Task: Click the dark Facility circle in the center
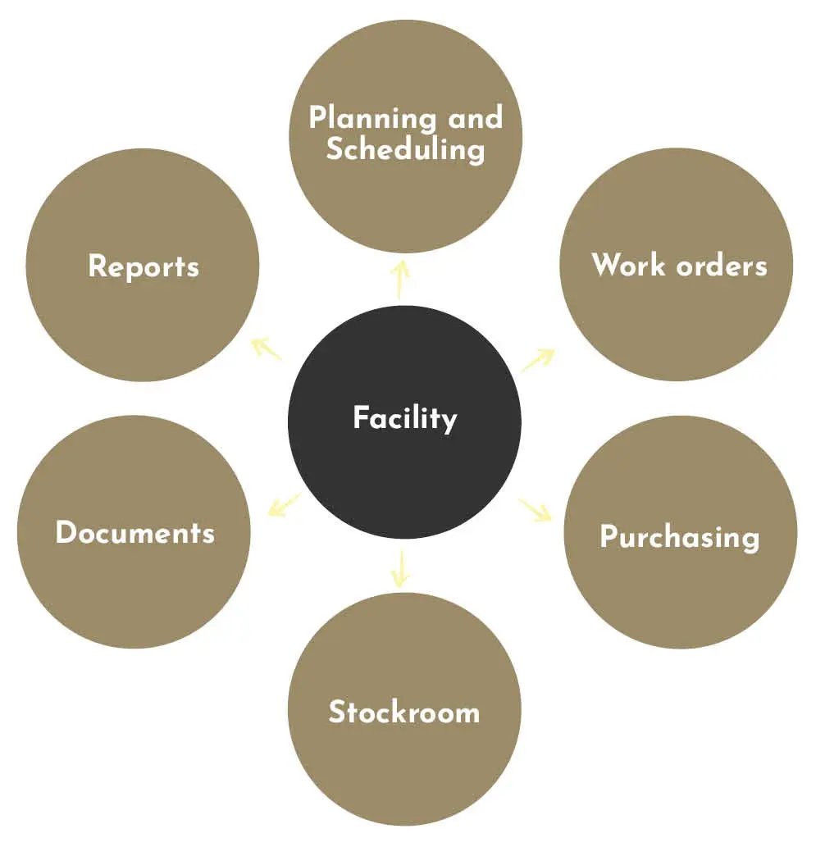(x=404, y=422)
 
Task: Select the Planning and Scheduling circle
(x=406, y=136)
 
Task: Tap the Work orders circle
(x=677, y=265)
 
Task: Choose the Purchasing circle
(x=681, y=532)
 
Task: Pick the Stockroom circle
(x=404, y=708)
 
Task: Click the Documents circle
(x=134, y=532)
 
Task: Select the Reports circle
(x=143, y=265)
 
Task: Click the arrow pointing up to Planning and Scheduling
(x=400, y=280)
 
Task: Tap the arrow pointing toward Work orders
(x=538, y=360)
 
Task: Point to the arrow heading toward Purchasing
(x=536, y=510)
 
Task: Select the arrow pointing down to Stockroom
(x=400, y=568)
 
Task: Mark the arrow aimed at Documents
(x=285, y=504)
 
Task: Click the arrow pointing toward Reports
(x=267, y=349)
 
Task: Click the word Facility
(x=405, y=418)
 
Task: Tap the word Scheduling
(x=406, y=149)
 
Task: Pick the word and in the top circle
(x=476, y=117)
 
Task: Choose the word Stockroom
(x=404, y=712)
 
